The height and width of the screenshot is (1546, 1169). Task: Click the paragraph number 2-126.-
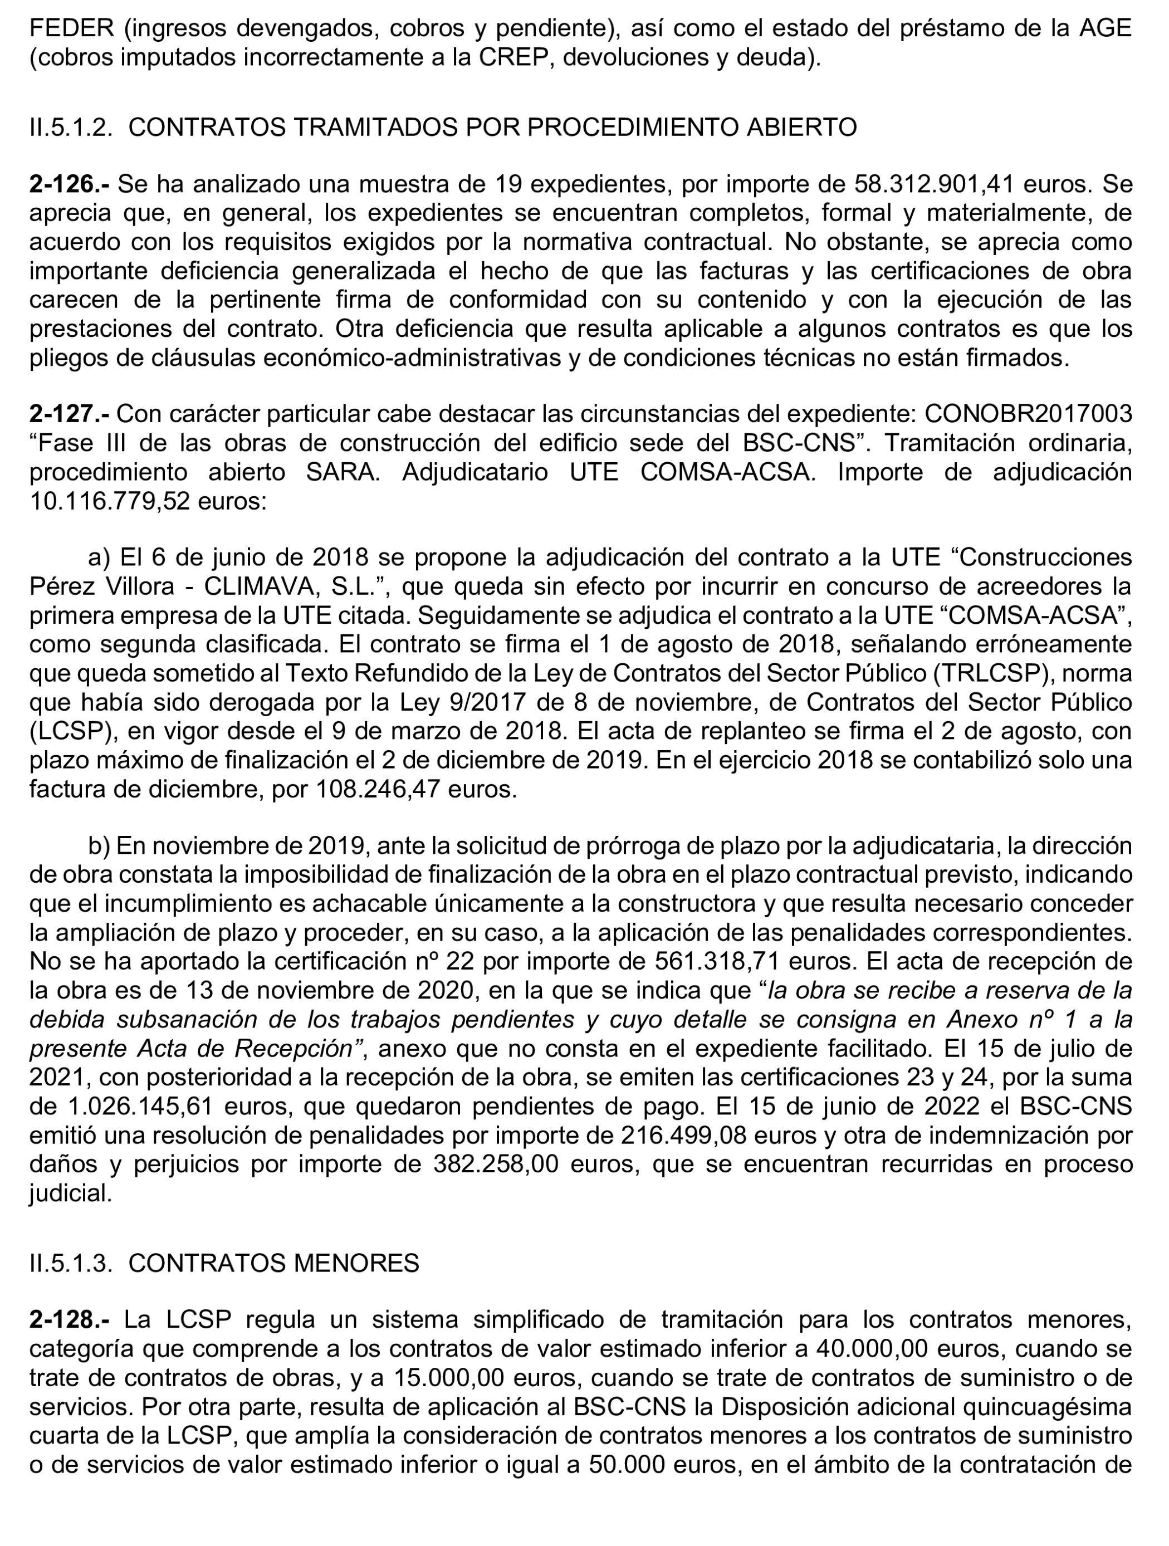click(x=69, y=184)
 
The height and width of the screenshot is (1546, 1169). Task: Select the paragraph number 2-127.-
click(x=69, y=414)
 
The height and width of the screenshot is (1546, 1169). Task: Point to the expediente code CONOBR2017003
click(x=1027, y=414)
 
